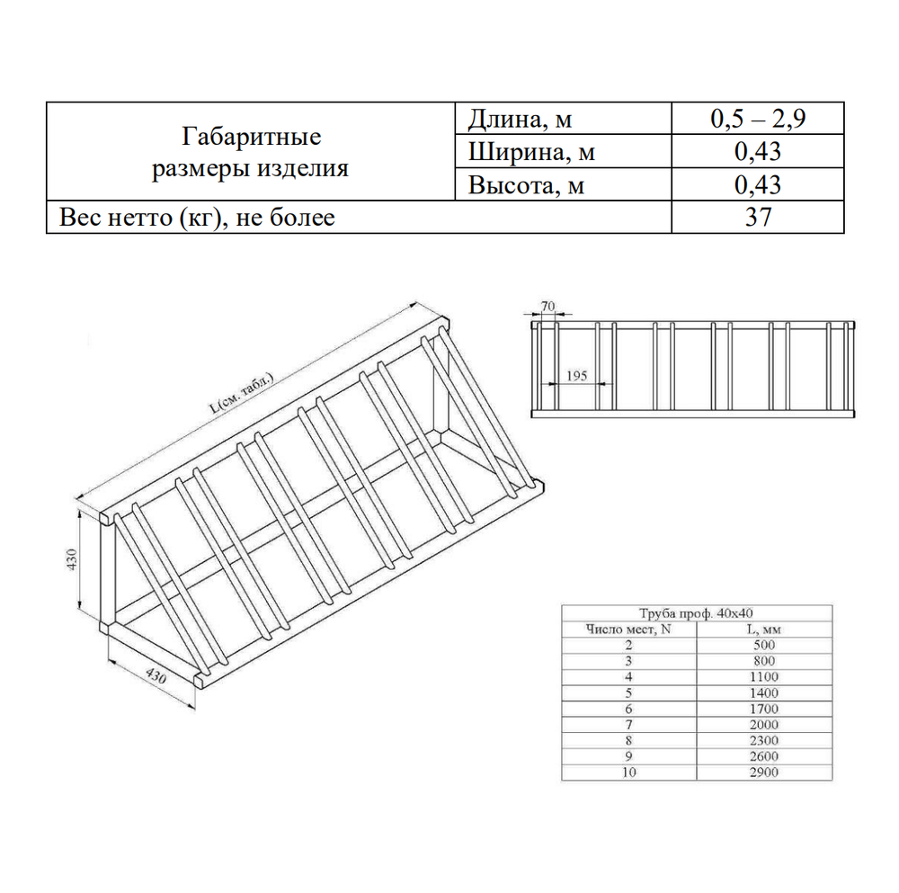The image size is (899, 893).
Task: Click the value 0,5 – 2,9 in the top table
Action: coord(757,119)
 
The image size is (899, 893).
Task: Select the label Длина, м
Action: coord(520,120)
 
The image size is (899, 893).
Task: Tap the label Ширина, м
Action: coord(531,152)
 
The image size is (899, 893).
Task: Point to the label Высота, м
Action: coord(526,185)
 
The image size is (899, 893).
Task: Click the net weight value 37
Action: coord(758,217)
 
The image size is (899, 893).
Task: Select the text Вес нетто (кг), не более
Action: coord(197,218)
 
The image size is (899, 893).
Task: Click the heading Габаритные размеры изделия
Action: coord(251,153)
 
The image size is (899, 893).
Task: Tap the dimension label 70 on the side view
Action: coord(548,306)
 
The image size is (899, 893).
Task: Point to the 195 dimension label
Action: coord(577,376)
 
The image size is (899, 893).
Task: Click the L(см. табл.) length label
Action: coord(241,393)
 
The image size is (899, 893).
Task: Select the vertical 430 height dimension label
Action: coord(72,559)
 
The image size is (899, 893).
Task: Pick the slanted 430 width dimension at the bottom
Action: coord(156,675)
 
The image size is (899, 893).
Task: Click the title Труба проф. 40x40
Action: coord(696,613)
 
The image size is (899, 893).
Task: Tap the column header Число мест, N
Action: coord(628,630)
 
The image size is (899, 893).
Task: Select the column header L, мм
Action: coord(763,630)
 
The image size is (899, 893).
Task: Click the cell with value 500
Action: coord(764,645)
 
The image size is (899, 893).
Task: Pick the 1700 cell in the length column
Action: coord(764,709)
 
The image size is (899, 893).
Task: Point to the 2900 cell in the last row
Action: coord(764,772)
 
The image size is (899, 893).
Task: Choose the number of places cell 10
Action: coord(629,772)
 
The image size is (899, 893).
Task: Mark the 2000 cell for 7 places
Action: coord(764,724)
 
